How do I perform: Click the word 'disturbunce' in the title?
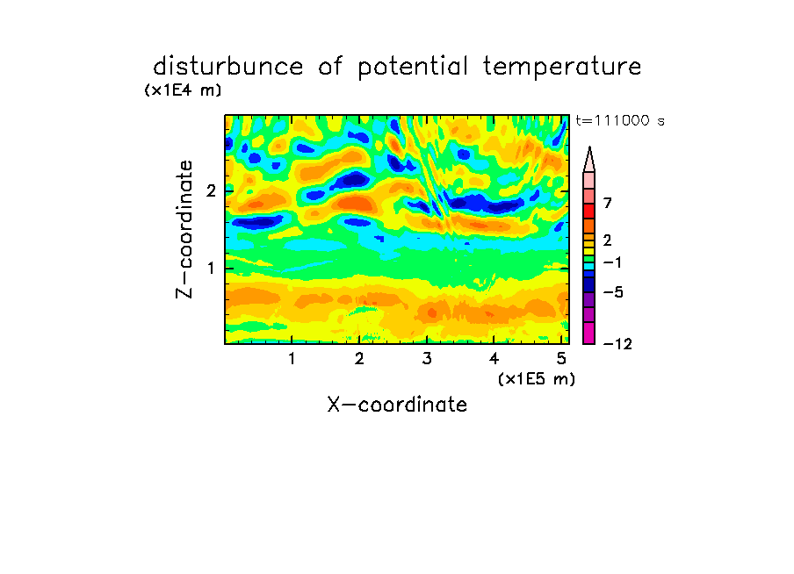click(227, 67)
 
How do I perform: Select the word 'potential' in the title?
click(413, 68)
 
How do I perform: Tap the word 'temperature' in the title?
click(562, 67)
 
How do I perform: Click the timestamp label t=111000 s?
click(620, 120)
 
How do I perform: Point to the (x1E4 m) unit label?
click(183, 90)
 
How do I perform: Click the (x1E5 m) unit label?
click(537, 378)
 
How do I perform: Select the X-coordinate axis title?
click(397, 405)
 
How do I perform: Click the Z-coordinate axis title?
click(184, 229)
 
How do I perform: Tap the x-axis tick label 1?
click(292, 358)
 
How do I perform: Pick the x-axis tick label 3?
click(427, 358)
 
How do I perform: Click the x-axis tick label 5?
click(561, 358)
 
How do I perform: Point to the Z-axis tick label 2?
click(211, 190)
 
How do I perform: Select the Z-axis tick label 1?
click(212, 268)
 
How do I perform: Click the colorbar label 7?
click(608, 203)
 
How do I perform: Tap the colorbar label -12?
click(617, 344)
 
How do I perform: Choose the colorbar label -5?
click(613, 292)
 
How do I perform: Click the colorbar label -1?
click(612, 262)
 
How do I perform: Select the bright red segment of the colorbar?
click(589, 211)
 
